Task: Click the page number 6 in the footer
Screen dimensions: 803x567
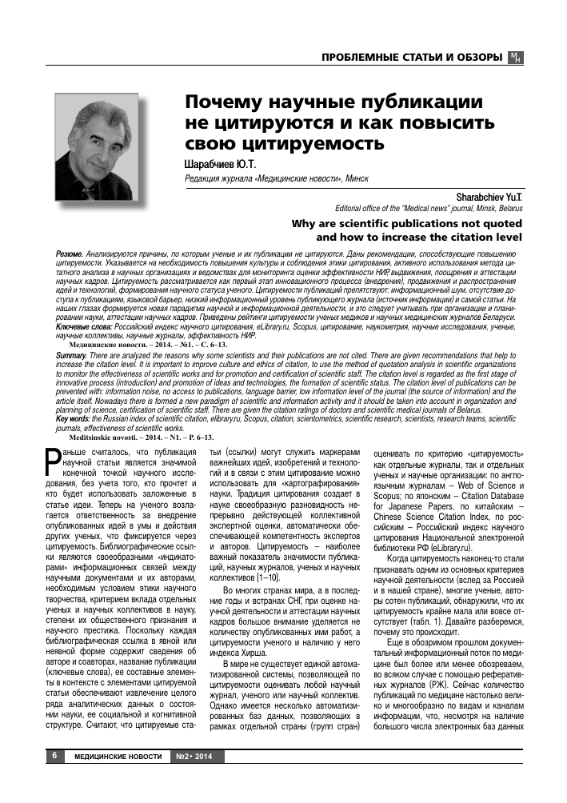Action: click(x=54, y=756)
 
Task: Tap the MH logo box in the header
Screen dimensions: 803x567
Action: click(x=515, y=58)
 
